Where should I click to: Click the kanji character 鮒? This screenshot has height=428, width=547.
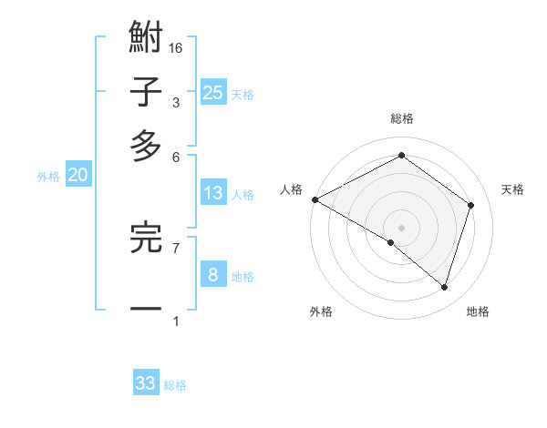click(146, 39)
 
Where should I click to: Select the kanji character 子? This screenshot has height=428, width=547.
click(146, 92)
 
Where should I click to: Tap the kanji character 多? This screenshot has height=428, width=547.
click(146, 146)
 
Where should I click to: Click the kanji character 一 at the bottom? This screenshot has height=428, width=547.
click(146, 309)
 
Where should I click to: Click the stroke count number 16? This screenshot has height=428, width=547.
click(176, 48)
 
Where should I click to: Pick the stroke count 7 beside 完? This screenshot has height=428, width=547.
click(176, 247)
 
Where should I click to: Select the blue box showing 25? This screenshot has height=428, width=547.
click(213, 92)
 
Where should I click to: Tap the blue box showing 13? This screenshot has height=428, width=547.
click(213, 193)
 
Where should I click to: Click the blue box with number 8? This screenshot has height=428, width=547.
click(213, 274)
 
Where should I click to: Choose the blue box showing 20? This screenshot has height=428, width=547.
click(78, 176)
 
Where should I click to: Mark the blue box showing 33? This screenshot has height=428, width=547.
click(146, 383)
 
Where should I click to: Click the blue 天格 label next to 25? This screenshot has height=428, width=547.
click(243, 95)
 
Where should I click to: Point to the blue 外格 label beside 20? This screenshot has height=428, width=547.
click(48, 178)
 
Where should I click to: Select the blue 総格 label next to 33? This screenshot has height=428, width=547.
click(175, 385)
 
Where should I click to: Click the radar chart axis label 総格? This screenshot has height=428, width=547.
click(401, 118)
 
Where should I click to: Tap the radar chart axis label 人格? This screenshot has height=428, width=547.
click(292, 189)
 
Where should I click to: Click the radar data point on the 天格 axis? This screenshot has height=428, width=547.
click(471, 205)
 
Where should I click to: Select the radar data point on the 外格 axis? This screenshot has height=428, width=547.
click(391, 242)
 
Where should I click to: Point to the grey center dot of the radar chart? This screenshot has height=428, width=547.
click(401, 227)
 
